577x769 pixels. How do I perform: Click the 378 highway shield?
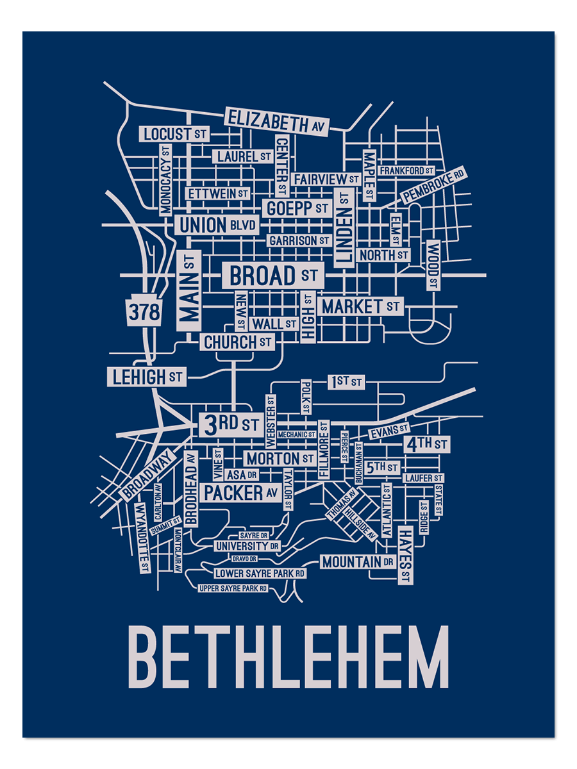point(144,312)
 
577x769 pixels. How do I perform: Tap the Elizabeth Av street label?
point(276,122)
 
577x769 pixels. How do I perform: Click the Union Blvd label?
point(217,226)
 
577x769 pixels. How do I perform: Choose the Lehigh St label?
point(147,377)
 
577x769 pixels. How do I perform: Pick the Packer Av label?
point(240,493)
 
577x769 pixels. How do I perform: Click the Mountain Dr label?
point(358,563)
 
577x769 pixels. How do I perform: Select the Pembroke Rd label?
point(433,185)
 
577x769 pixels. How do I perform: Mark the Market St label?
point(361,307)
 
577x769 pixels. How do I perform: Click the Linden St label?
point(344,228)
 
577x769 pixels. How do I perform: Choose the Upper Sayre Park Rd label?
point(233,588)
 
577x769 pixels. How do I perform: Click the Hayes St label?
point(405,554)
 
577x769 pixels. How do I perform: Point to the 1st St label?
point(346,383)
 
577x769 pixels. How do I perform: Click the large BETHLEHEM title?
point(288,657)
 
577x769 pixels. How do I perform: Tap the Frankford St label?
point(406,171)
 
